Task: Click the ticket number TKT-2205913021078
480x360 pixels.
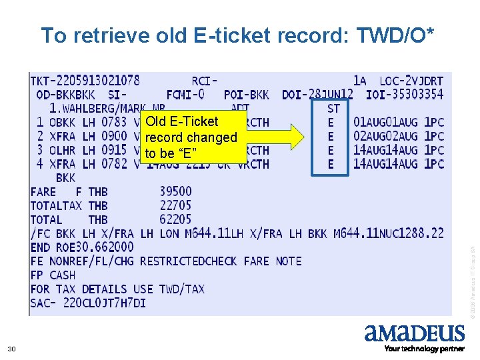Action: (x=85, y=81)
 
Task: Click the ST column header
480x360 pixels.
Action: (x=333, y=108)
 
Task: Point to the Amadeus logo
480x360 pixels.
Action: (x=414, y=333)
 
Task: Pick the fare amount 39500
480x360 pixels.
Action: (x=175, y=192)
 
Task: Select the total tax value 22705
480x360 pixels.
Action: (x=175, y=206)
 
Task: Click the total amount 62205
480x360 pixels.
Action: (x=175, y=219)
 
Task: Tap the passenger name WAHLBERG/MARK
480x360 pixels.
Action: (x=100, y=109)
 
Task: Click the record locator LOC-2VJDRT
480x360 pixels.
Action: (x=411, y=81)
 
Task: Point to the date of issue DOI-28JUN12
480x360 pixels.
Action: (x=317, y=95)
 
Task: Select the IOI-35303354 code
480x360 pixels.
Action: (x=405, y=95)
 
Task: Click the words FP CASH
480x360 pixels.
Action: (x=53, y=275)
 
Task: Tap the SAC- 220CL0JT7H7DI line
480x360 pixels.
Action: (x=88, y=303)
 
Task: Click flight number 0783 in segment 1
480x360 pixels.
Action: (x=114, y=122)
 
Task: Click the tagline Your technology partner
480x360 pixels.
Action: (x=424, y=349)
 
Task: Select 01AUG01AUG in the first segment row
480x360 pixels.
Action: (x=386, y=122)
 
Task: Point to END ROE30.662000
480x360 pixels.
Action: (x=82, y=247)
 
